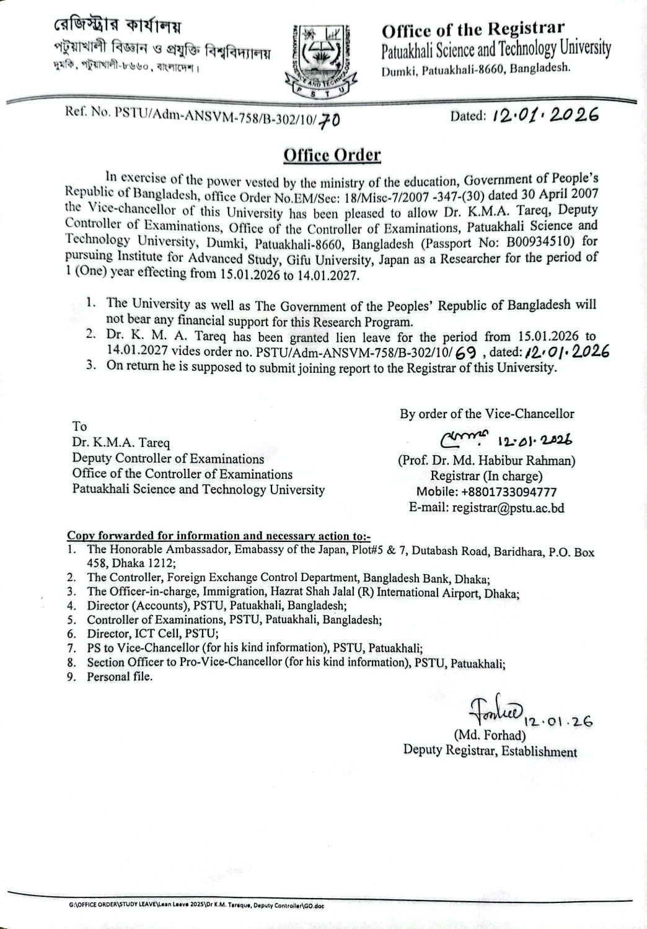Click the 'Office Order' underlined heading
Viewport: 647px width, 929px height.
click(x=332, y=155)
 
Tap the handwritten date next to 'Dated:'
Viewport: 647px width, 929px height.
click(x=545, y=115)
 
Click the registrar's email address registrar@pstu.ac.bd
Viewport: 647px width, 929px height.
click(x=486, y=508)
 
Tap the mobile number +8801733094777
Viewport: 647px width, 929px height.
click(x=486, y=492)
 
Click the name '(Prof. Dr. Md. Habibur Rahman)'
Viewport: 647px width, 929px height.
click(x=486, y=461)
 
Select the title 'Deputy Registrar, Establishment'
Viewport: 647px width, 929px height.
click(x=490, y=751)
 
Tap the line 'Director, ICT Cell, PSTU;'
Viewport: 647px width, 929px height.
click(x=152, y=634)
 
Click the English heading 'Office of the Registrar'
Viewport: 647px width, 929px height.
click(x=473, y=29)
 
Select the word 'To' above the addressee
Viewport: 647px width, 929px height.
click(x=79, y=426)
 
